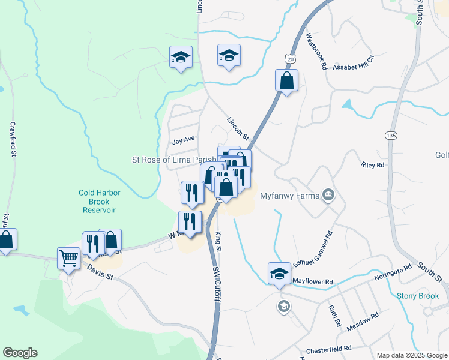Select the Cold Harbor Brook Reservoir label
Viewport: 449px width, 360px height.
pos(100,202)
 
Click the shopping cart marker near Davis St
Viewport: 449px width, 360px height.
pos(68,259)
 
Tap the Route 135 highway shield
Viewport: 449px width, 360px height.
pos(391,136)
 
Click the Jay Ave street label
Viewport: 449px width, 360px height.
pos(184,140)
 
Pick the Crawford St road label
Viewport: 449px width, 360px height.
pos(13,139)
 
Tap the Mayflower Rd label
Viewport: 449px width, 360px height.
pos(312,281)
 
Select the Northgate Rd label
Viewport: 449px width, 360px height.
pos(393,273)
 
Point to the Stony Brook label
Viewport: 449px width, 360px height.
pos(418,296)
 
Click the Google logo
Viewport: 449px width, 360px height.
pos(20,353)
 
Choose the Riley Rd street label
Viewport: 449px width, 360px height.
pos(372,164)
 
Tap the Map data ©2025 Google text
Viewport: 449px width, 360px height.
pos(411,355)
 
